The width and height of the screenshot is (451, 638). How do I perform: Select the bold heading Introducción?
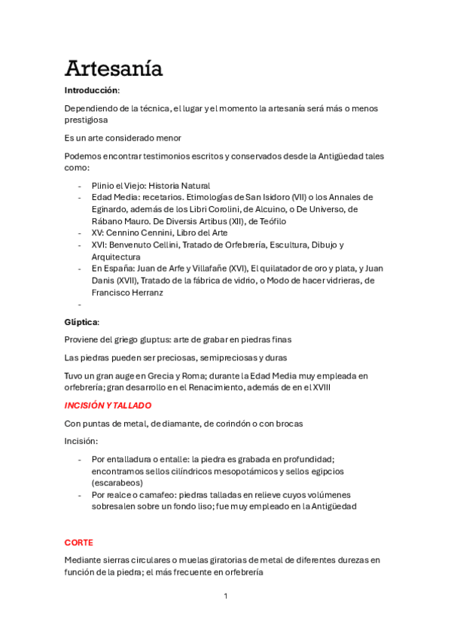click(92, 90)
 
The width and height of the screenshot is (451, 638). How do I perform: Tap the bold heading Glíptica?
click(81, 322)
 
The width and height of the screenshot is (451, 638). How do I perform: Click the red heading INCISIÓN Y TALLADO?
click(108, 406)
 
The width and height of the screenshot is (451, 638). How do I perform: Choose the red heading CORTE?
click(78, 542)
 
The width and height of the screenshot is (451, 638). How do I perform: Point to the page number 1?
click(225, 597)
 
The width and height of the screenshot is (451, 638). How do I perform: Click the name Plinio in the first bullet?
click(104, 185)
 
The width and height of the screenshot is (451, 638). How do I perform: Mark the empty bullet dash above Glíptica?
click(80, 305)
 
